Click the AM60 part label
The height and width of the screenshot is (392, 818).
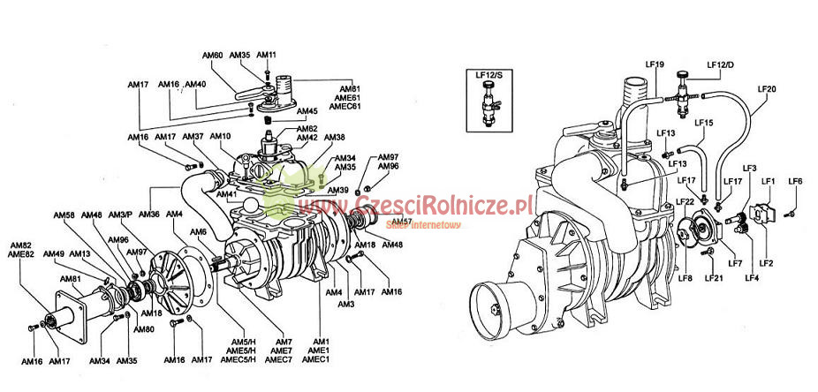tap(212, 55)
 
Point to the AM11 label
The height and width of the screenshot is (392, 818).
tap(267, 55)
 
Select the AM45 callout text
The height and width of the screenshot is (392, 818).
tap(307, 111)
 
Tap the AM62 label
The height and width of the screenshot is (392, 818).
tap(307, 129)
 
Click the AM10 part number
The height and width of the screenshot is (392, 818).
tap(221, 136)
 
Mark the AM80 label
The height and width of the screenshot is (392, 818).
tap(144, 329)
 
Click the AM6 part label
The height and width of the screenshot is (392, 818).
tap(200, 232)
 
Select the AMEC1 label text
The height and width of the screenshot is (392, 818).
tap(315, 359)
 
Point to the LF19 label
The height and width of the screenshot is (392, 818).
tap(655, 64)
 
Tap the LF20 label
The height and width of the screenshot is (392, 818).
tap(767, 89)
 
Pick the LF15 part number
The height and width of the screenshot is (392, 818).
tap(703, 123)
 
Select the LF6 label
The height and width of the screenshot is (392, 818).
tap(796, 181)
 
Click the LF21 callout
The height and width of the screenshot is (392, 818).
tap(714, 278)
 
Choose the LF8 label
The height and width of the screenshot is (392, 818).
tap(685, 278)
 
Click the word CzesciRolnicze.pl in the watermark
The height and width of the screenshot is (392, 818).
tap(442, 206)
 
